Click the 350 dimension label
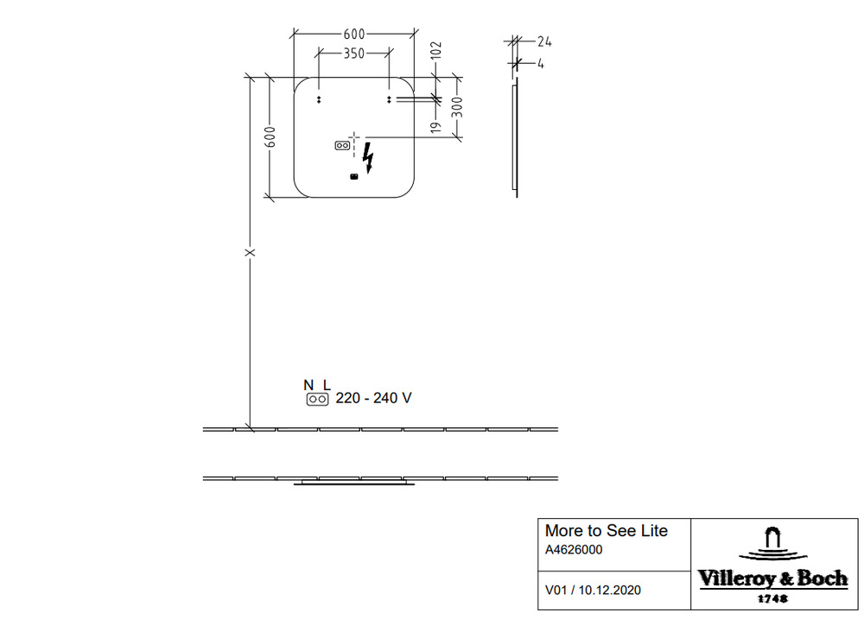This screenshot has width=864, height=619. [353, 54]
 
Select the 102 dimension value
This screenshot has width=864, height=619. [435, 50]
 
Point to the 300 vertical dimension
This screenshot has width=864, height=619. [457, 107]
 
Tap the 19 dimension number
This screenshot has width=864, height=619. [435, 127]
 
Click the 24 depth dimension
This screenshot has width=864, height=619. [544, 41]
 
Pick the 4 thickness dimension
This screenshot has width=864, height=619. [541, 64]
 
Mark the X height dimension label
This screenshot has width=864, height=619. [251, 253]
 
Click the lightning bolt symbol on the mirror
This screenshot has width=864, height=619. [368, 158]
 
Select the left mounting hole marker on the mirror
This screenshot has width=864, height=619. [319, 99]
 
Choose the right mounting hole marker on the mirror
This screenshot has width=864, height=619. [389, 99]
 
